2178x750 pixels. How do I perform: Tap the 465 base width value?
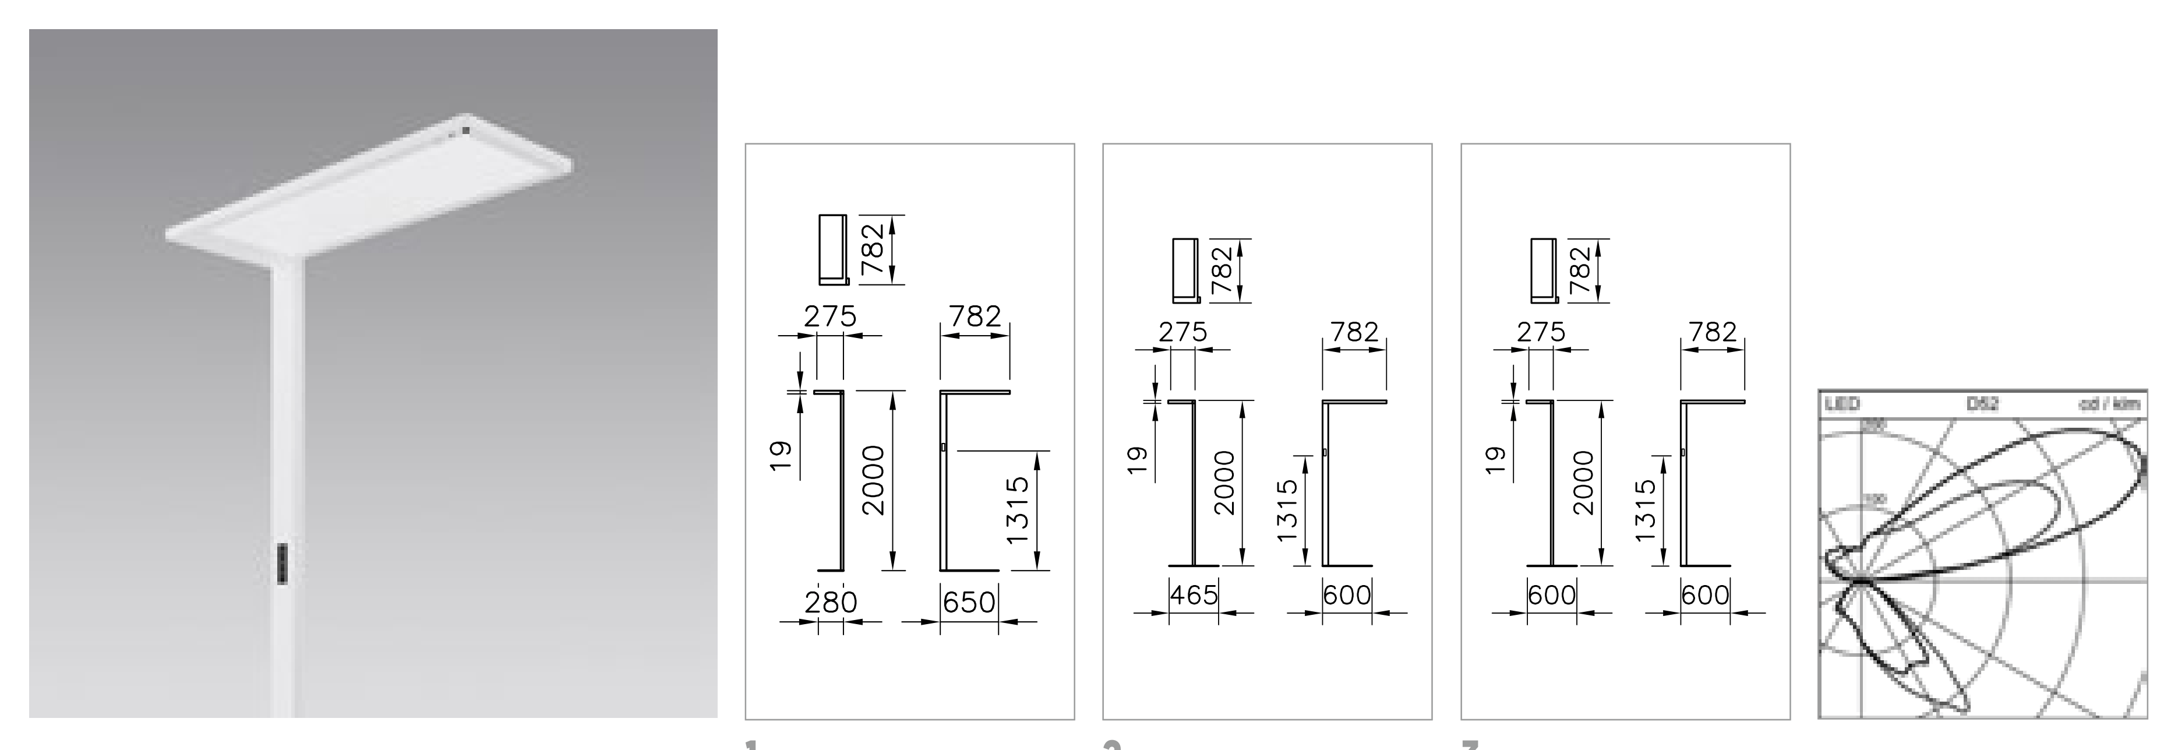[1194, 595]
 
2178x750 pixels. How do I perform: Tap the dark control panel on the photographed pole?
[283, 563]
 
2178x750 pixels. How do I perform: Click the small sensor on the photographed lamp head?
[464, 131]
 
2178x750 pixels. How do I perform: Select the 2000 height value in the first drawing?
[873, 480]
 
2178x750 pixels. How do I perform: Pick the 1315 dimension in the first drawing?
[1018, 510]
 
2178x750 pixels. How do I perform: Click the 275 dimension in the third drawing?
[1541, 332]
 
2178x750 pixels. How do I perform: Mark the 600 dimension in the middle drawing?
[1347, 595]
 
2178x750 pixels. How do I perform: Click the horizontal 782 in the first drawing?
[975, 316]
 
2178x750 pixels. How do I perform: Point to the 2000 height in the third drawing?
[1582, 482]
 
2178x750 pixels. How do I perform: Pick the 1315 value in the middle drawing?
[1287, 510]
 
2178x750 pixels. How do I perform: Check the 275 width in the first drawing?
[829, 316]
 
